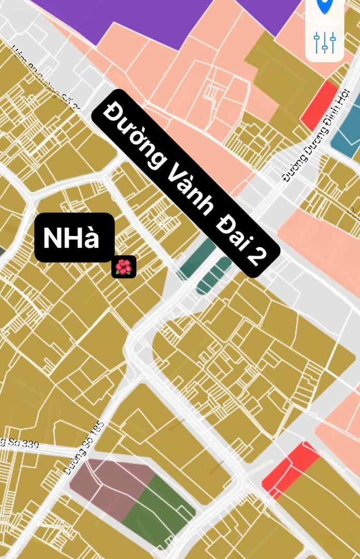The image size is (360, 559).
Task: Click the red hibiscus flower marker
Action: pyautogui.click(x=124, y=267)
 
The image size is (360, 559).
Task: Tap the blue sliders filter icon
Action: pyautogui.click(x=325, y=43)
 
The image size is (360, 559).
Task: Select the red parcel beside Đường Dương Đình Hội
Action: pyautogui.click(x=319, y=105)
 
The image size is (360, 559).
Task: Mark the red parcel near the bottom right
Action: pyautogui.click(x=290, y=468)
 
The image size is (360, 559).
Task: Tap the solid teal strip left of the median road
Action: pyautogui.click(x=197, y=259)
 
